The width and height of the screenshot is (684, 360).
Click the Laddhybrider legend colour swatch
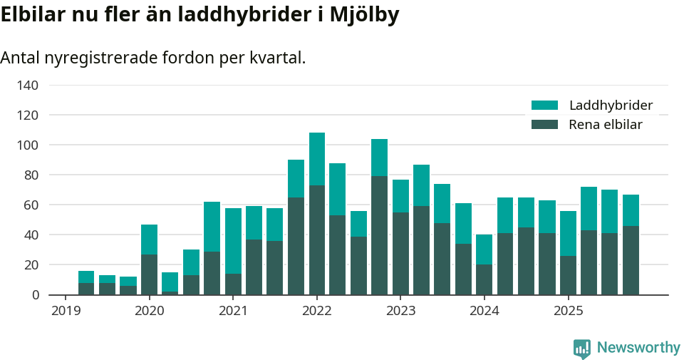(544, 106)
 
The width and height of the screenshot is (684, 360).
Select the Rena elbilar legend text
(605, 125)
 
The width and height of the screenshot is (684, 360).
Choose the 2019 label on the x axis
(65, 311)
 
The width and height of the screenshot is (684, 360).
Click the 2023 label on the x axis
(400, 311)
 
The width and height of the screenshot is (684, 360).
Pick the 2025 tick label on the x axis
(568, 311)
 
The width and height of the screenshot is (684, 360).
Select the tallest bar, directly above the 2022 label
(317, 214)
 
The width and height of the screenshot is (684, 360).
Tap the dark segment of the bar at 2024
(484, 279)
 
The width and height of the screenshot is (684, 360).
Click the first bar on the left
(86, 283)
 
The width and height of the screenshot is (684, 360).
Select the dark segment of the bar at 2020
(149, 274)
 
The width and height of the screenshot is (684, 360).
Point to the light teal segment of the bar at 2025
(568, 233)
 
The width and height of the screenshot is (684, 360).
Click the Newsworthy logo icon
(581, 348)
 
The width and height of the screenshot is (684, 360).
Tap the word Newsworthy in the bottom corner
(638, 348)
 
